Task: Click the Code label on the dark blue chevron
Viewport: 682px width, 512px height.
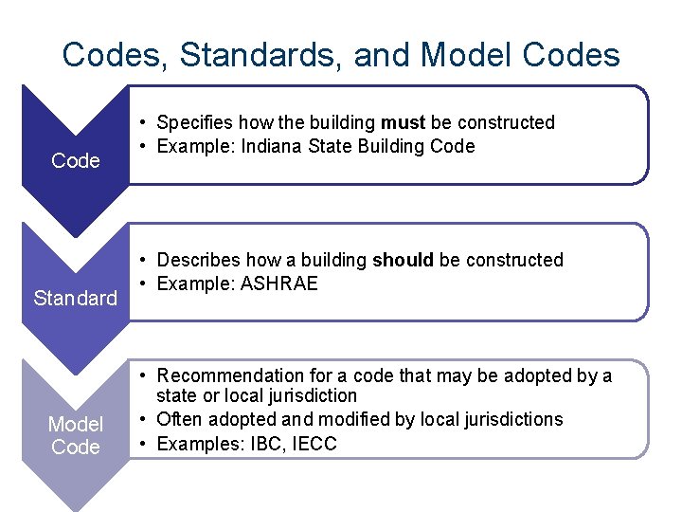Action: point(76,161)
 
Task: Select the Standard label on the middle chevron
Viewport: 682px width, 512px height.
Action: point(76,299)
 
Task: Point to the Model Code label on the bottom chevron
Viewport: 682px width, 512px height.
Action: point(76,435)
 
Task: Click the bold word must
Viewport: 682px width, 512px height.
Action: point(404,122)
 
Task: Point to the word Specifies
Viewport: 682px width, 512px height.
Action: point(195,122)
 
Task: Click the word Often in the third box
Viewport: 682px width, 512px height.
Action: point(179,419)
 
